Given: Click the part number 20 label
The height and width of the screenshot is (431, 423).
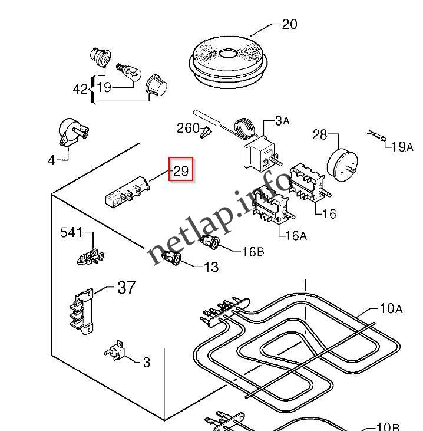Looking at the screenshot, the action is coord(289,24).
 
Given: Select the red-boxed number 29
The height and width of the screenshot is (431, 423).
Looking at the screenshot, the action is coord(181,171).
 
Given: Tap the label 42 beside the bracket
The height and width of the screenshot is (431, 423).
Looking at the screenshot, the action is coord(80,89).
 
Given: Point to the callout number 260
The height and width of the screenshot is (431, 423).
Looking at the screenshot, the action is coord(188,128).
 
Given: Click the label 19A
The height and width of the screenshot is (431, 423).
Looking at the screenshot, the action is coord(402,147).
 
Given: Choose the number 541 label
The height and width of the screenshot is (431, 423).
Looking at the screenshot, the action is coord(71,232).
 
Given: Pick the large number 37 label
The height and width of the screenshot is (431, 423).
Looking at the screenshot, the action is coord(126,288).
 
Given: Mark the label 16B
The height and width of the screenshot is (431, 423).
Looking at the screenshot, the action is coord(253,252).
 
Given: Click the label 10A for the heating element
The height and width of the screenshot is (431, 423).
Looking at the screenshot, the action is coord(391,308).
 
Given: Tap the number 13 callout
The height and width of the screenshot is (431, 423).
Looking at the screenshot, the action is coord(211,267).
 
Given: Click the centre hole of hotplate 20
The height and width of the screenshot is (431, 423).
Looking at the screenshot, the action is coord(228,53).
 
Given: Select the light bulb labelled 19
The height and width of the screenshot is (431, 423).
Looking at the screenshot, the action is coord(129,72).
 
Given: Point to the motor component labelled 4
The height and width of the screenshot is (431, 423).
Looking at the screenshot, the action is coord(72,133).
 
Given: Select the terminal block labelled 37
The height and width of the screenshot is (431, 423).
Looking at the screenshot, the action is coord(81,311).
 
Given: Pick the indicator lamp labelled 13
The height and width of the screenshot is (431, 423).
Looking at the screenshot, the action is coord(172,258).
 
